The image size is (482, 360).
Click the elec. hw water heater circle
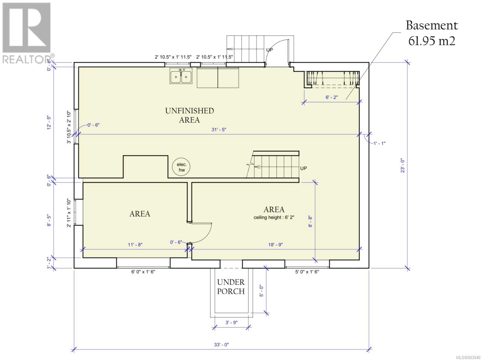click(181, 167)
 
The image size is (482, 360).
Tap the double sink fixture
click(181, 76)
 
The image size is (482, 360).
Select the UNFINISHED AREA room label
click(189, 115)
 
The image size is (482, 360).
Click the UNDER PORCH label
click(231, 287)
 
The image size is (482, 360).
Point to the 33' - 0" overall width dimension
click(221, 345)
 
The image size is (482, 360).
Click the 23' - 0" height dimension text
click(403, 166)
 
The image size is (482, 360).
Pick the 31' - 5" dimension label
click(219, 130)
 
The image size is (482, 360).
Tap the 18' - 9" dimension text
click(275, 245)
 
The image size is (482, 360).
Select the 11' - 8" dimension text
click(135, 245)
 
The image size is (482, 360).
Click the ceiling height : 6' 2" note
click(274, 217)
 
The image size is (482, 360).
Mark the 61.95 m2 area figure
click(432, 41)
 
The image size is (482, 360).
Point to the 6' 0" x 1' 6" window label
click(143, 272)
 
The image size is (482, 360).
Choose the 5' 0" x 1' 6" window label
click(307, 272)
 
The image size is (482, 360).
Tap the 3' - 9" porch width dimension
click(231, 323)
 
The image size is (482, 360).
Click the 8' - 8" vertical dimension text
click(310, 221)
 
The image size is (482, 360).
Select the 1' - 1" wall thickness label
click(379, 143)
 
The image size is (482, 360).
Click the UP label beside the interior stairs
click(303, 168)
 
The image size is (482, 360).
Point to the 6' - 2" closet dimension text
click(332, 97)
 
